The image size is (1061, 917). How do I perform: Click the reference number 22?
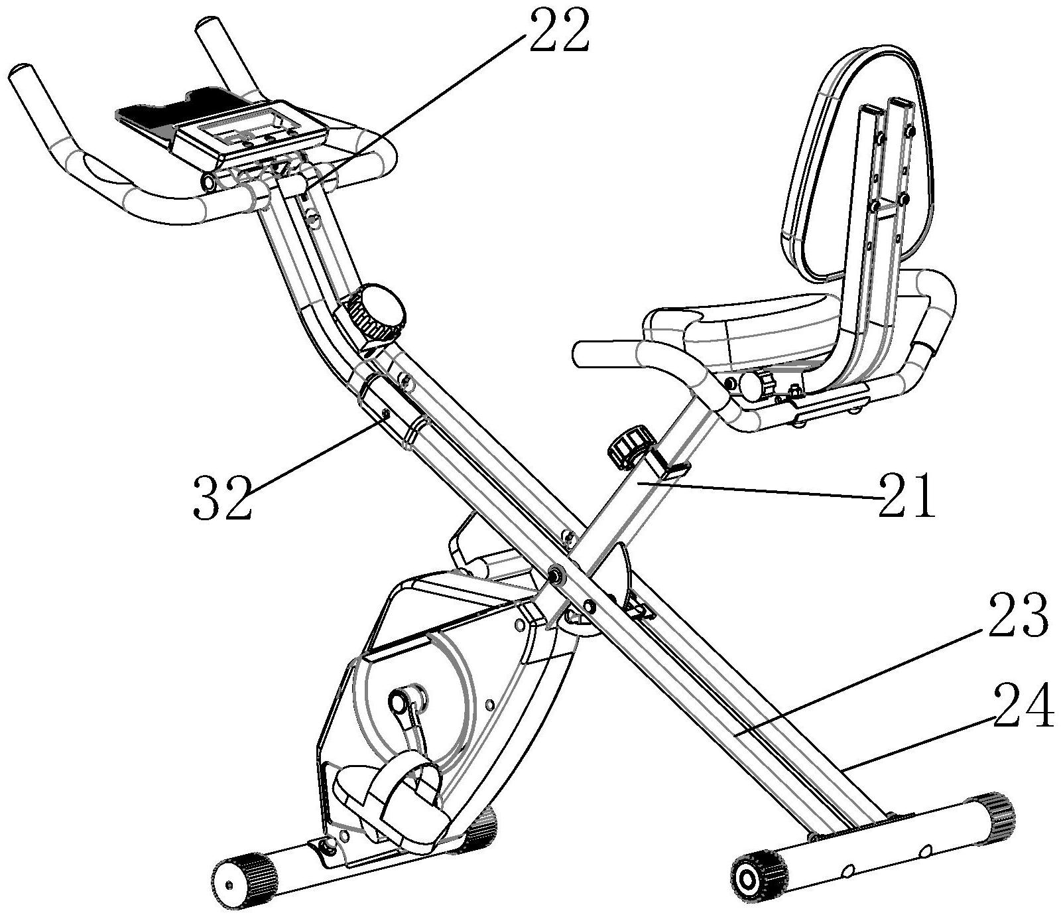[x=558, y=31]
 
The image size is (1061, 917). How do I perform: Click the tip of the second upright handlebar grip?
[x=206, y=30]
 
